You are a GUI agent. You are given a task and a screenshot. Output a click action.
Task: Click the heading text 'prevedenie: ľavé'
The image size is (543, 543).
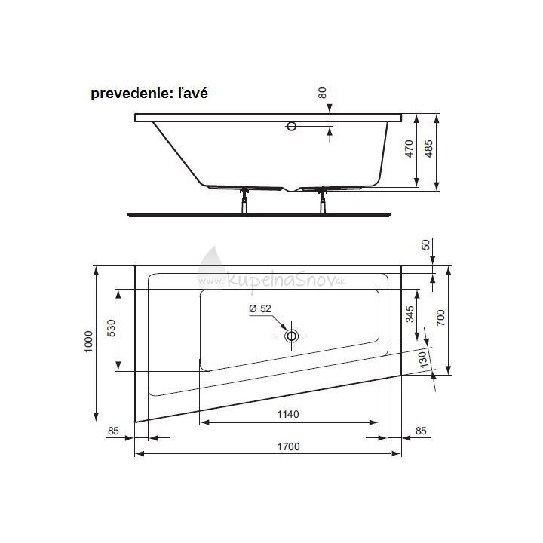pos(149,94)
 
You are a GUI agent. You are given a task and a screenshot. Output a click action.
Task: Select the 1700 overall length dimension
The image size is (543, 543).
pos(287,446)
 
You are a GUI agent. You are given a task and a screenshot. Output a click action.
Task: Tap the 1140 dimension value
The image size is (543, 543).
pos(287,414)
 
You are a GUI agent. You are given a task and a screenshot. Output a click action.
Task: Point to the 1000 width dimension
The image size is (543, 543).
pos(88,344)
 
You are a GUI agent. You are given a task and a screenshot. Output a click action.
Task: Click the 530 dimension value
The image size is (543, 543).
pos(111,330)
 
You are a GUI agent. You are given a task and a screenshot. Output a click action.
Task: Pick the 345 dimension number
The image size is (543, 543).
pos(410,314)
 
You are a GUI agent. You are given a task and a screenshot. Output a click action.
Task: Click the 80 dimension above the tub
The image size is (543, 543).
pos(323,94)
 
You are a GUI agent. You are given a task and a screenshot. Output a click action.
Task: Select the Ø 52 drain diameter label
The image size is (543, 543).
pos(260,308)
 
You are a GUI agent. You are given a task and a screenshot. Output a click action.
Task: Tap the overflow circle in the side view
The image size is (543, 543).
pos(292,127)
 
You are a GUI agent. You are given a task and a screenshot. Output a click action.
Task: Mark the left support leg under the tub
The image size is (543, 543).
pos(244,201)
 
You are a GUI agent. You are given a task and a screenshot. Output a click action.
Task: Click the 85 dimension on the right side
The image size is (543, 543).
pos(421,431)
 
